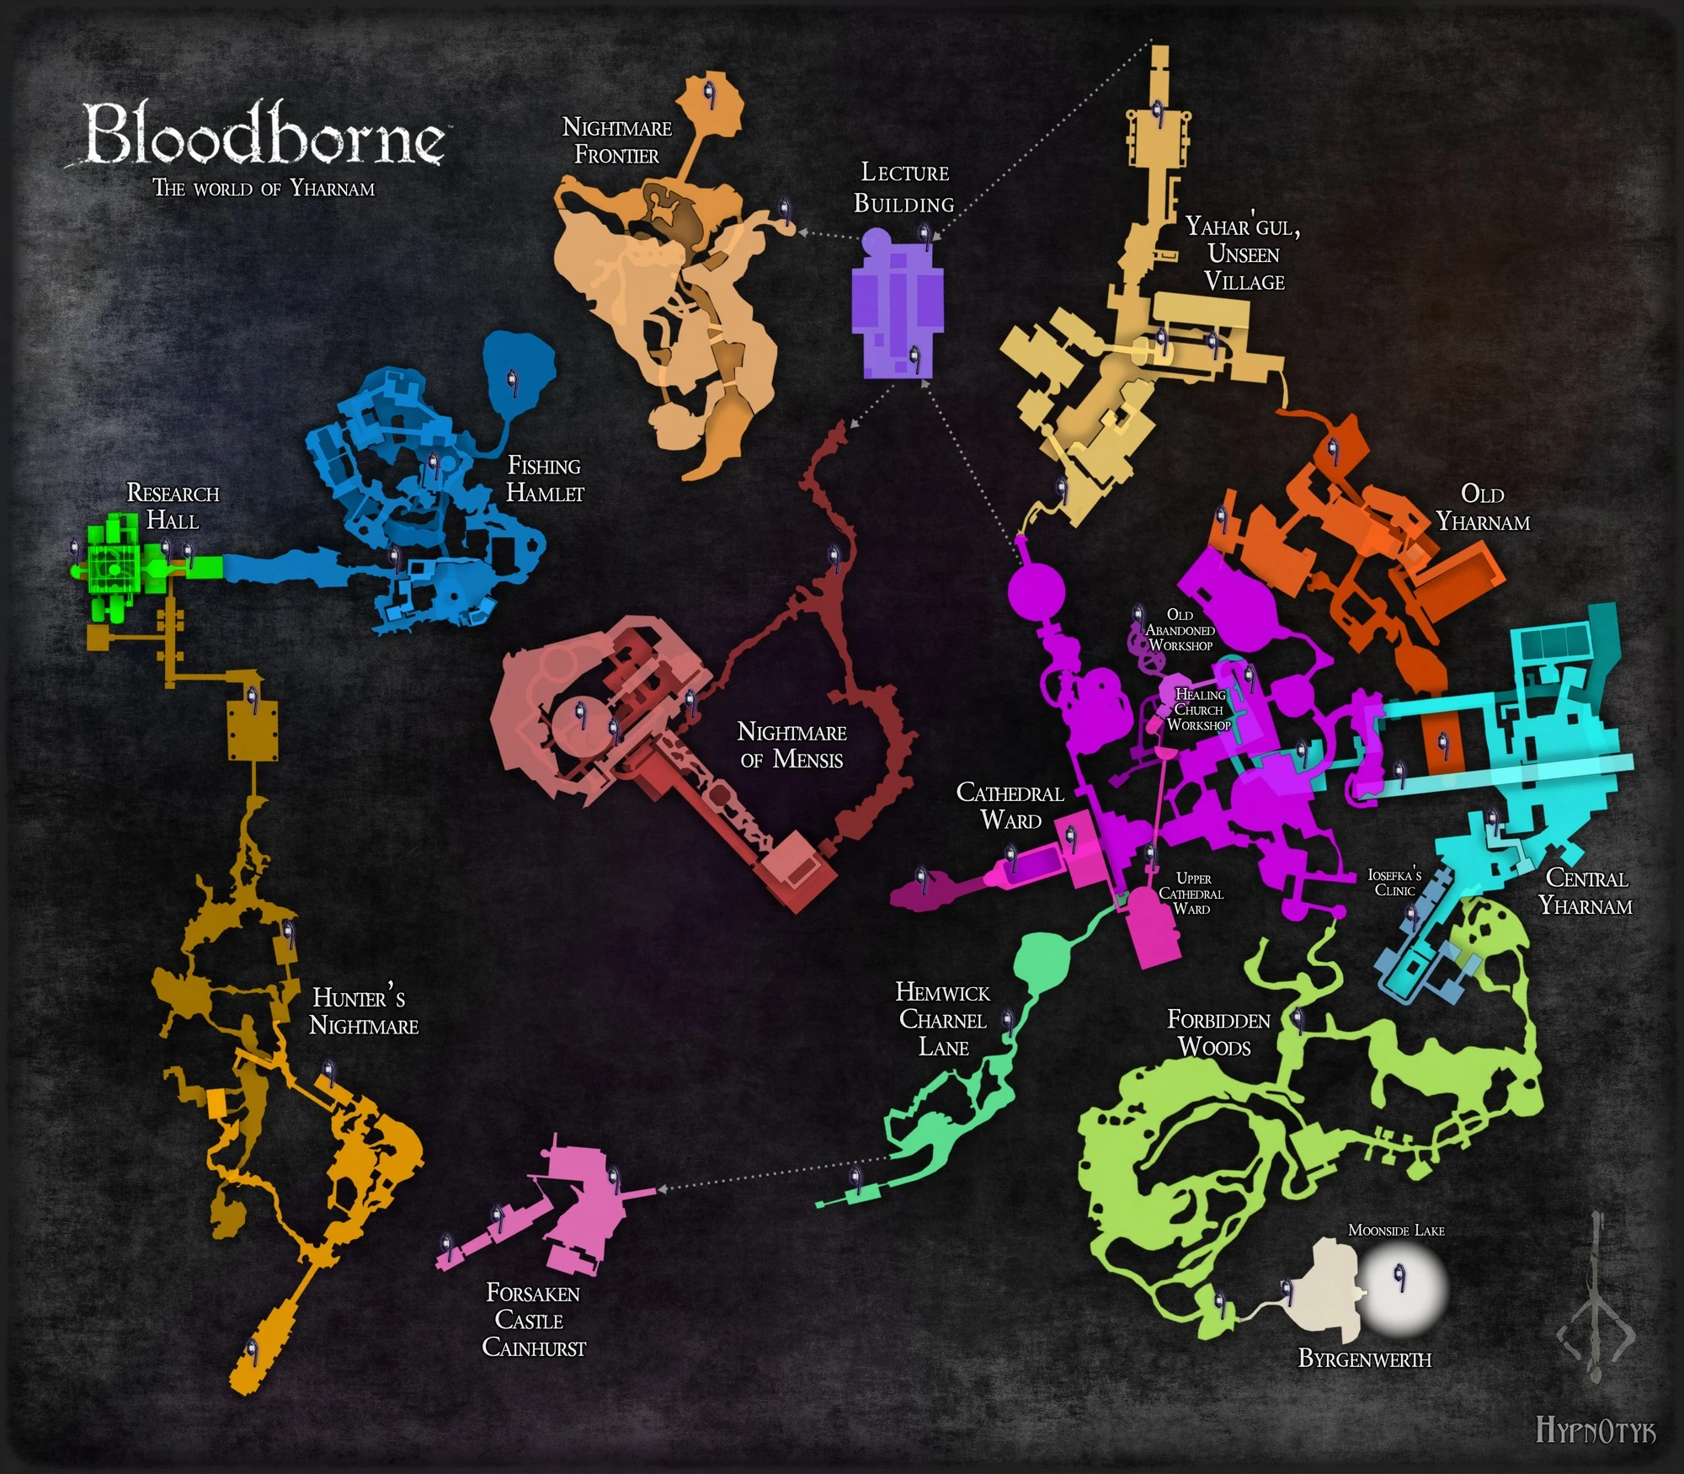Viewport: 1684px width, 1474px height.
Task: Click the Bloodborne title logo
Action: (264, 135)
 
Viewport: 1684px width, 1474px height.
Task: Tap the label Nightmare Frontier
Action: (617, 142)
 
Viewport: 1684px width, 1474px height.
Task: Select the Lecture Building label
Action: (904, 188)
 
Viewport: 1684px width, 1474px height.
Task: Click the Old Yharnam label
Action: (1483, 508)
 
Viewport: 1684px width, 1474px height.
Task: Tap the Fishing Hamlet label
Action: (545, 479)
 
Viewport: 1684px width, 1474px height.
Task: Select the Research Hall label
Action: (173, 506)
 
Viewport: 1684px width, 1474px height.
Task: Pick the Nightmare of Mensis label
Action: (791, 745)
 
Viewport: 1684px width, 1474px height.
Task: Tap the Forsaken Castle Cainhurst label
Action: (533, 1320)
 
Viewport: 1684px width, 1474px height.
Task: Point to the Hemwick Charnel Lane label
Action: (942, 1020)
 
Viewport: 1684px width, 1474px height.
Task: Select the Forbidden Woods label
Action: (1218, 1033)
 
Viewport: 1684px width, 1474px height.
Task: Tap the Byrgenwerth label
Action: (1364, 1359)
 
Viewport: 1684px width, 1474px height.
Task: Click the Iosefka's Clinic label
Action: (1394, 883)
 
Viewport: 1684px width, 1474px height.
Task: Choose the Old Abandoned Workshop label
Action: (1180, 630)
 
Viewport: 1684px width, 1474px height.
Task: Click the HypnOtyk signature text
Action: (1595, 1429)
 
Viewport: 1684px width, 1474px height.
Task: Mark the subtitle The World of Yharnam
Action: (264, 188)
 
